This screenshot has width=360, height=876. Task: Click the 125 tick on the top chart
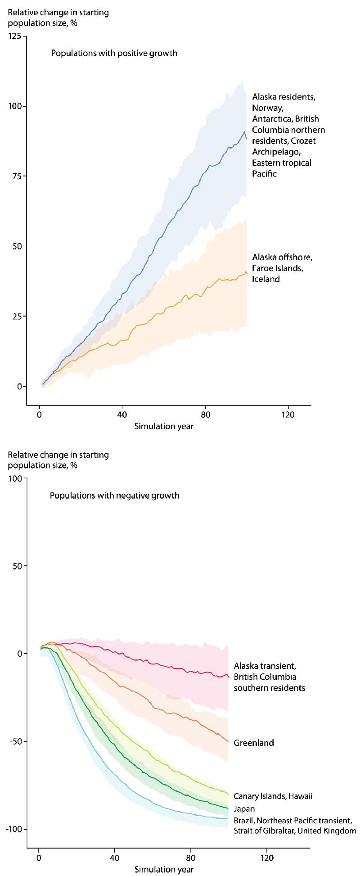(18, 36)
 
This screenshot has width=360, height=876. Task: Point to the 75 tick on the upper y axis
(20, 176)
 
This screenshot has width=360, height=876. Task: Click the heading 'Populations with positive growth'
(114, 53)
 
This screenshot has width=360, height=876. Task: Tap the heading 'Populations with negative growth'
(114, 496)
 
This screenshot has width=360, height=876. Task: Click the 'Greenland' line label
(253, 743)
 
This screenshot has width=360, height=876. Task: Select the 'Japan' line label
(244, 808)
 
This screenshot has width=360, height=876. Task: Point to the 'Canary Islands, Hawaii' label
(273, 796)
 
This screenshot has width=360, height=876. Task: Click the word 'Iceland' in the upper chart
(266, 279)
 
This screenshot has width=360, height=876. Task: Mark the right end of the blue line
(247, 139)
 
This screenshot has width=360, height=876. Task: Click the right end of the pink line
(229, 677)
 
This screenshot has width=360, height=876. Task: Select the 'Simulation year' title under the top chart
(164, 426)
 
